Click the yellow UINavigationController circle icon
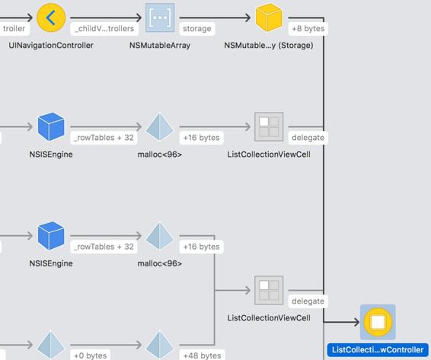51,18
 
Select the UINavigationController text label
51,46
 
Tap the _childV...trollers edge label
104,29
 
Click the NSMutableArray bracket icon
160,18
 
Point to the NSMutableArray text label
160,46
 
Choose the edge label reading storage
197,29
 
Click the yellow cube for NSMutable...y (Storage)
269,18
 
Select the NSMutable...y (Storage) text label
269,46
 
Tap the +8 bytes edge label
308,29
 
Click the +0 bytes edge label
91,355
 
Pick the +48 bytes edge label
202,355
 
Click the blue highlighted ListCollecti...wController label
378,350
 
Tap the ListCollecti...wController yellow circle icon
378,322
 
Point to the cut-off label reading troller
14,29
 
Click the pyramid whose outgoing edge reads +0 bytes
51,345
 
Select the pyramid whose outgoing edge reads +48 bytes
160,345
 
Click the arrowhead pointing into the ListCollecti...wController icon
356,322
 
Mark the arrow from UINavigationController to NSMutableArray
106,18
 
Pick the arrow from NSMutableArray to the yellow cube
215,18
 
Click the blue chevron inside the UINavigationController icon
50,18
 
